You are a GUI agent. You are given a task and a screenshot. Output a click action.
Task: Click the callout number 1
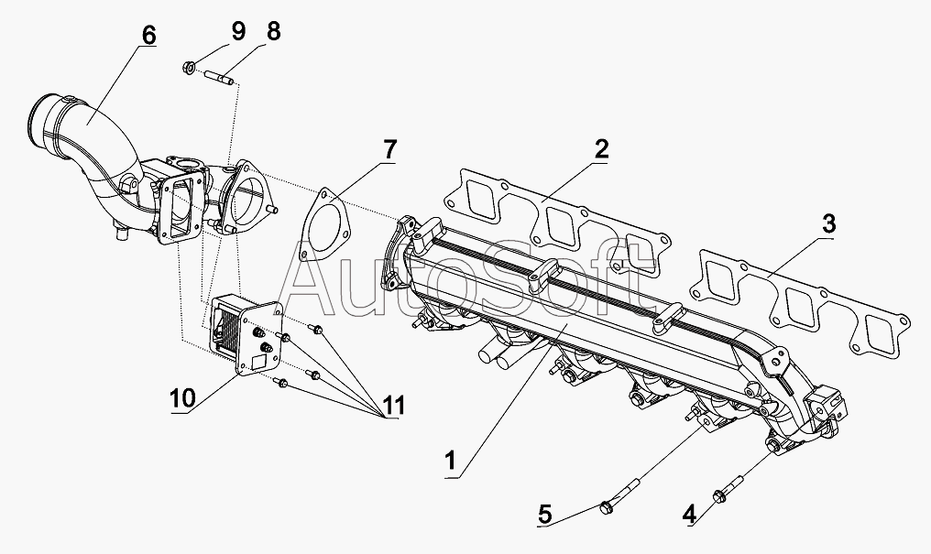coord(451,461)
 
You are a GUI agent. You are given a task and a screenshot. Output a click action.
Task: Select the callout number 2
coord(601,149)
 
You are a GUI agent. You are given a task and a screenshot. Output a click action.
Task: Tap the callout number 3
coord(829,224)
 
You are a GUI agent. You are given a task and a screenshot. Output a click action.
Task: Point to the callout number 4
coord(689,513)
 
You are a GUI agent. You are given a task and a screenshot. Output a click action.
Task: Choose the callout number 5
coord(545,514)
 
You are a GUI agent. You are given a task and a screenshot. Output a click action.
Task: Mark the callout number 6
coord(148,35)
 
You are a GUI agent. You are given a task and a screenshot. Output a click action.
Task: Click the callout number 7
coord(389,149)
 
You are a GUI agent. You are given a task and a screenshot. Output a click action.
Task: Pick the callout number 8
coord(273,31)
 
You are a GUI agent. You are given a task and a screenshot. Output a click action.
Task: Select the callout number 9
coord(238,31)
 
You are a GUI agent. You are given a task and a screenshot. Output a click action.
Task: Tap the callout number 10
coord(182,398)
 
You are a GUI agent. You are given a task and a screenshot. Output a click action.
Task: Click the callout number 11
coord(394,406)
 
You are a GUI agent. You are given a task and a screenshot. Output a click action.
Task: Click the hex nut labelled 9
coord(189,69)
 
